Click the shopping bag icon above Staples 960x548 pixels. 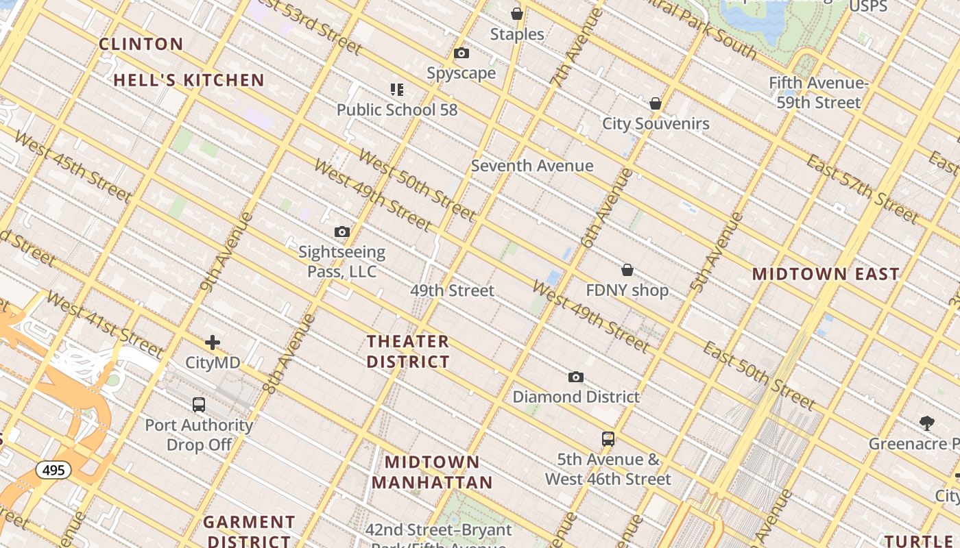(517, 14)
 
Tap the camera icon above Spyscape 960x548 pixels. (461, 53)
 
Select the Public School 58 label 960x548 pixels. (396, 110)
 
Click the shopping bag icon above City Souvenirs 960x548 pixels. (656, 103)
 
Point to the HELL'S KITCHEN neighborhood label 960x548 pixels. (189, 80)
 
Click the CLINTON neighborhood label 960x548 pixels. (141, 45)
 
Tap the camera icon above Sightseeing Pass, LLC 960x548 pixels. (341, 232)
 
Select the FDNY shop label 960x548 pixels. (627, 290)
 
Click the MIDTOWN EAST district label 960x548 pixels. (826, 274)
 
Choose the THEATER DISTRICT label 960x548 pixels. (408, 351)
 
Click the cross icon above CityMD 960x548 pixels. (213, 342)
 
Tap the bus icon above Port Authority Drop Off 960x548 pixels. (199, 405)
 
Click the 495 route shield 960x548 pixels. (53, 471)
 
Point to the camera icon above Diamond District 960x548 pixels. (576, 377)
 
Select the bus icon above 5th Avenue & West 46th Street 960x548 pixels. (608, 439)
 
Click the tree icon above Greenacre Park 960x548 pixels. (927, 423)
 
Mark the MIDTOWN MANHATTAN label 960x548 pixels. (433, 472)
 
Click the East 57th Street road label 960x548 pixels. (861, 190)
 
